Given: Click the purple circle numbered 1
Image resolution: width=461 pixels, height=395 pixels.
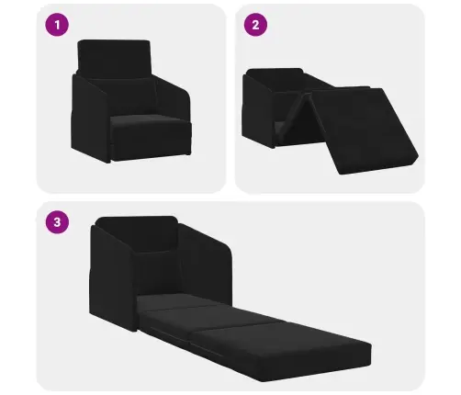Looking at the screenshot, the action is pos(57,25).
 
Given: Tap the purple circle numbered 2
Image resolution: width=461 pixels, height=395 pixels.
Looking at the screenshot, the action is pos(255,25).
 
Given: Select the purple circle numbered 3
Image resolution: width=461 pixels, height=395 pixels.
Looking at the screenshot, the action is pos(57,221).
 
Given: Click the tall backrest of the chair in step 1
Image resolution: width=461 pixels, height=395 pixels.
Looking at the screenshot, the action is pos(114,58).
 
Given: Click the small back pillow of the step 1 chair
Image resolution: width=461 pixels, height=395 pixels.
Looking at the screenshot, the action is pos(122,95).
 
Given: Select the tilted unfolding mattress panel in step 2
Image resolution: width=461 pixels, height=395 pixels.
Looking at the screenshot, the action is pos(365,130).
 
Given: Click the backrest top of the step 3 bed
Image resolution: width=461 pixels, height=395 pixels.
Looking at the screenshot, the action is pos(136,232).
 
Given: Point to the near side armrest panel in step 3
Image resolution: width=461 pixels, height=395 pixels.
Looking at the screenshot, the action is pos(112,277).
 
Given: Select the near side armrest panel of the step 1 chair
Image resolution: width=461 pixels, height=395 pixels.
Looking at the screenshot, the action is pos(90,118).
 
